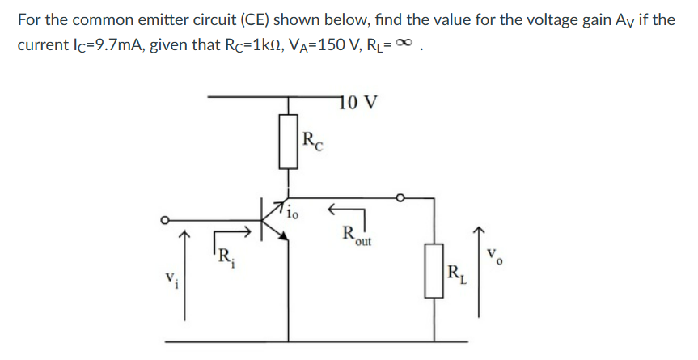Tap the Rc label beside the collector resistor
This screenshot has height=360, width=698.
click(x=311, y=142)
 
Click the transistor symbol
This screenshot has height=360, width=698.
click(x=273, y=217)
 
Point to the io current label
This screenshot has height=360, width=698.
click(x=293, y=215)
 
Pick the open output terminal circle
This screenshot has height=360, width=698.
click(x=399, y=197)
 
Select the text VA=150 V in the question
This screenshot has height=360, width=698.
click(x=311, y=44)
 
